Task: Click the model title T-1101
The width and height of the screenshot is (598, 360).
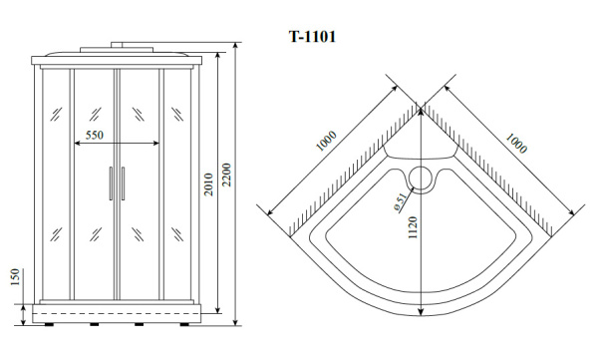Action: coord(313,38)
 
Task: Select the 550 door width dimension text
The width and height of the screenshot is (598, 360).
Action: coord(96,133)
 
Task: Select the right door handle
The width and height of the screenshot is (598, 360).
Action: coord(124,185)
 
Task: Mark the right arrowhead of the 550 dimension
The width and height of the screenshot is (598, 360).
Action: coord(156,144)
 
